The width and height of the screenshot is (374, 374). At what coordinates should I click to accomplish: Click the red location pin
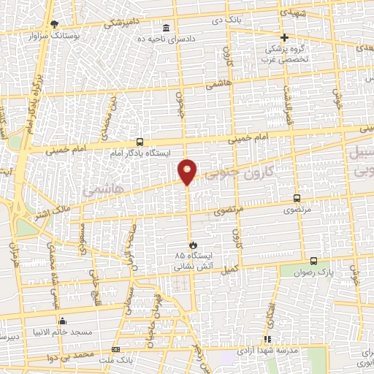click(x=188, y=171)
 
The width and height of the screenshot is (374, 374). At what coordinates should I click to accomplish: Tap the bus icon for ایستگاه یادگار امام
click(x=140, y=142)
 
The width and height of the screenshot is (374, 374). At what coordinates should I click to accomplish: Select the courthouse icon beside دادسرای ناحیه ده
click(x=167, y=28)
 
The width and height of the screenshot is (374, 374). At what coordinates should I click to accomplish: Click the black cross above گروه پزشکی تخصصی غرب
click(x=285, y=37)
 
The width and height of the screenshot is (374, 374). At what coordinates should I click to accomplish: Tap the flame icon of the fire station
click(x=193, y=244)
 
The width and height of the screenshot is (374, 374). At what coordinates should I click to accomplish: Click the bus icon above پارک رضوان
click(x=313, y=261)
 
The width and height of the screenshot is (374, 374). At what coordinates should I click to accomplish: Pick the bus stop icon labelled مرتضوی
click(x=297, y=198)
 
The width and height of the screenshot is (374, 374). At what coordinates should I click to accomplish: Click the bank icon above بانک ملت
click(x=115, y=349)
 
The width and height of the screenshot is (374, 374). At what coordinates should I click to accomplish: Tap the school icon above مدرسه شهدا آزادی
click(x=267, y=338)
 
